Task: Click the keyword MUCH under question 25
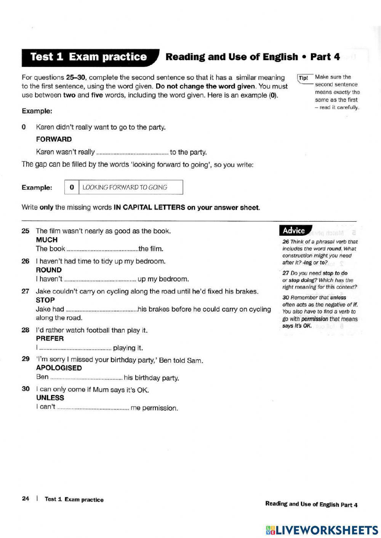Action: [x=46, y=240]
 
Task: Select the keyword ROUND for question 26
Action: [x=49, y=270]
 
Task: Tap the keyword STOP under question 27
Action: [x=45, y=300]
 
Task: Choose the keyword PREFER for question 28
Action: [x=50, y=338]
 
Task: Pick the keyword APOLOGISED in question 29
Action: [x=59, y=368]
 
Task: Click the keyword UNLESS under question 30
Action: [x=50, y=398]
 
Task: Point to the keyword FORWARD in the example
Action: [x=54, y=139]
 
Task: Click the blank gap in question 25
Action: [x=102, y=250]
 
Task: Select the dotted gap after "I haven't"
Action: [x=100, y=280]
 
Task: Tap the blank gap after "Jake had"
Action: [x=101, y=310]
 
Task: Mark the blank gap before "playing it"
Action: [x=75, y=348]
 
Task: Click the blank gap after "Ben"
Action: [x=86, y=378]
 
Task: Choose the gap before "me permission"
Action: [x=93, y=409]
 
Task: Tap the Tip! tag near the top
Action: [x=304, y=78]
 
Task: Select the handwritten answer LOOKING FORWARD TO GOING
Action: [x=125, y=187]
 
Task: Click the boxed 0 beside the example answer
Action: [x=72, y=187]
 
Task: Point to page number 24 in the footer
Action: [x=26, y=499]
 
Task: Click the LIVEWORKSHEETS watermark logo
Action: [x=322, y=530]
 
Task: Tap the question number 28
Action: [x=26, y=330]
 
